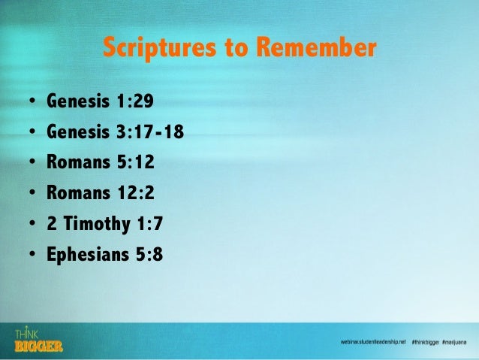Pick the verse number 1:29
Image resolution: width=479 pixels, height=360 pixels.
pyautogui.click(x=136, y=100)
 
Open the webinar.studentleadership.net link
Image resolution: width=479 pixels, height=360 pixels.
pyautogui.click(x=372, y=342)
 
